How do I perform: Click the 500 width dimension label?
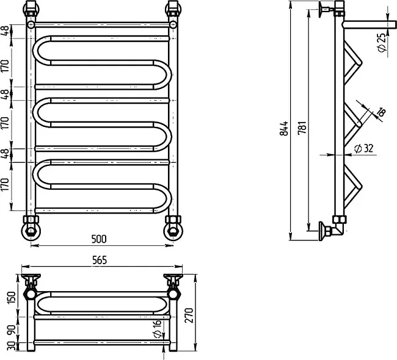99,239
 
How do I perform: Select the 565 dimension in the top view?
100,260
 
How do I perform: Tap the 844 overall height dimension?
285,129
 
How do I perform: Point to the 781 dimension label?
302,129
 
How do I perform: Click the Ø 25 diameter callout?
382,42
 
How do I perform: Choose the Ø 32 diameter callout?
364,148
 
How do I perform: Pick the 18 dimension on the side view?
382,112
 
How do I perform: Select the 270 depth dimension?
190,315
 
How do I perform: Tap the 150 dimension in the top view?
12,298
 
